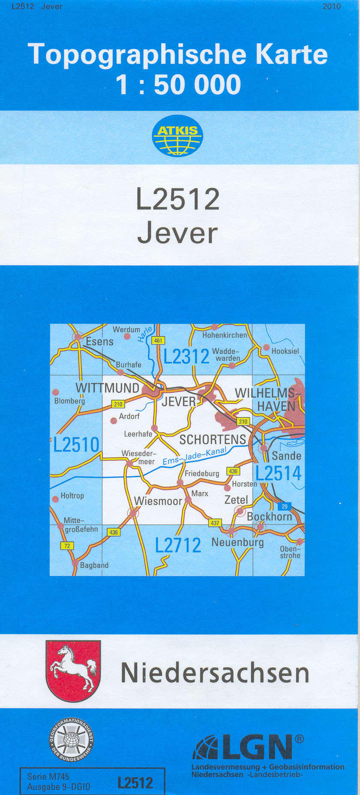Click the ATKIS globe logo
pos(177,136)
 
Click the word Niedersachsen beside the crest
pos(215,673)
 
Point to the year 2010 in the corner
pos(331,6)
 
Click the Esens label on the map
pos(99,342)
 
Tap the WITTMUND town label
pos(107,388)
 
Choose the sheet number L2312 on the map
pos(186,356)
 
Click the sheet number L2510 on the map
pos(76,445)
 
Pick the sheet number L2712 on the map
pos(178,545)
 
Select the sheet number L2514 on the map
pos(279,473)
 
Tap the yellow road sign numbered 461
pos(158,341)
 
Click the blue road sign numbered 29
pos(285,506)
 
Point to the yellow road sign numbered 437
pos(215,523)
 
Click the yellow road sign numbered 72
pos(67,546)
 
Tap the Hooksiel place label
pos(285,351)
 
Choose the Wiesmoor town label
pos(158,501)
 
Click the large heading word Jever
pos(177,233)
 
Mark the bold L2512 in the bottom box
pos(135,783)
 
